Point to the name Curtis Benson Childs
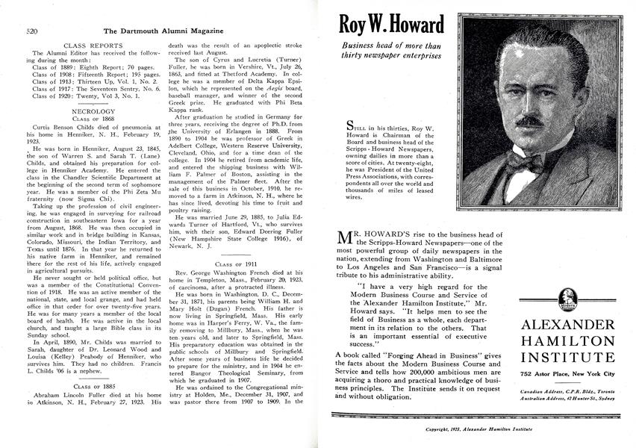[63, 128]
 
